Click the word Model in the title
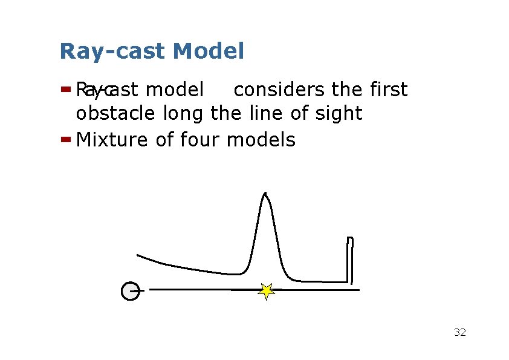click(x=209, y=51)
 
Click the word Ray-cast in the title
click(x=112, y=52)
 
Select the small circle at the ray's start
click(x=130, y=291)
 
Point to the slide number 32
click(x=459, y=332)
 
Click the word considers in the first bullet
click(x=280, y=90)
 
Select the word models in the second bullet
click(x=261, y=140)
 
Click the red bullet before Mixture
click(x=66, y=139)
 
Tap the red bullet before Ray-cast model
click(x=66, y=90)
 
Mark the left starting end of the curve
click(x=138, y=255)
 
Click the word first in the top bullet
click(x=387, y=90)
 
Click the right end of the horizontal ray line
click(x=358, y=290)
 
